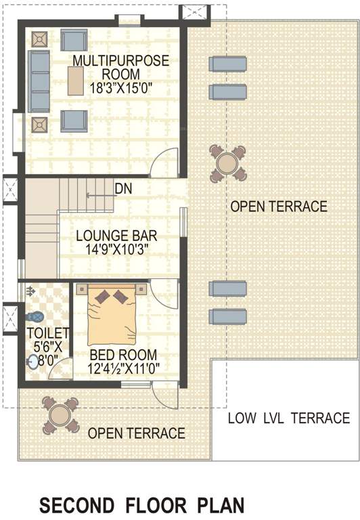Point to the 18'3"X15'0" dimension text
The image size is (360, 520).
[120, 87]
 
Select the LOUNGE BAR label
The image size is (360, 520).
[116, 236]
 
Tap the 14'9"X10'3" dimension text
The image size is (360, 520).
[116, 249]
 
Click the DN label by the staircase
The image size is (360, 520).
[122, 188]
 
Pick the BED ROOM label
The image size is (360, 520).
[123, 355]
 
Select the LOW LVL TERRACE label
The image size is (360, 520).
[288, 418]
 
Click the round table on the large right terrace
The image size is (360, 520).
[227, 163]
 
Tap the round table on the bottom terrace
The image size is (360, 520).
[60, 413]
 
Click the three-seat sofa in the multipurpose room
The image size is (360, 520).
[39, 81]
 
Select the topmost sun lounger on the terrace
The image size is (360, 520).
[226, 64]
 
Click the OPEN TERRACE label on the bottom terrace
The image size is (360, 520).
[137, 433]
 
